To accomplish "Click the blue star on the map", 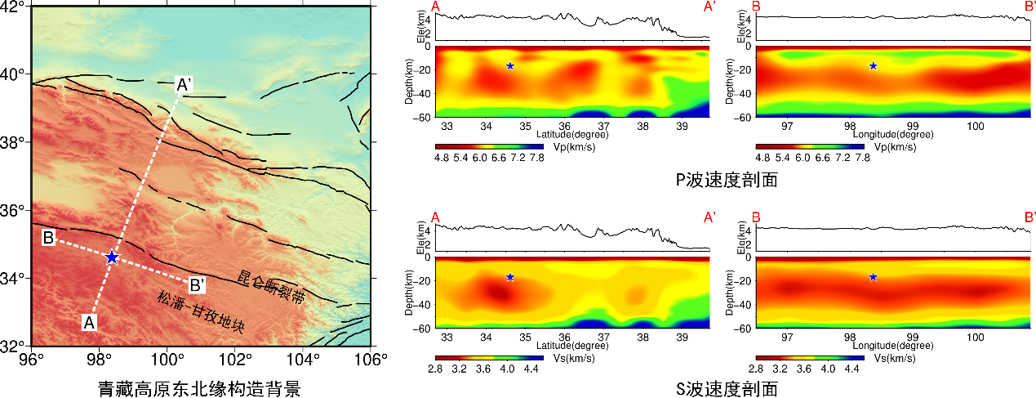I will point(112,257).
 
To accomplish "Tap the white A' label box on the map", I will point(185,84).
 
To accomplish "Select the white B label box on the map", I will point(48,238).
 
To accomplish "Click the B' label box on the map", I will point(197,285).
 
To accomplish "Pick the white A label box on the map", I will point(90,322).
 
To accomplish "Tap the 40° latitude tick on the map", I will point(15,74).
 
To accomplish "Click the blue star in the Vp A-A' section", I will point(510,66).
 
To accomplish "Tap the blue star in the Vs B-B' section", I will point(873,277).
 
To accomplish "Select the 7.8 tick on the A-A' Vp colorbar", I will point(536,158).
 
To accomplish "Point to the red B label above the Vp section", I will point(755,7).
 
